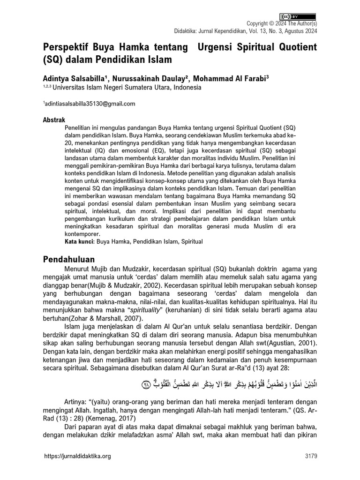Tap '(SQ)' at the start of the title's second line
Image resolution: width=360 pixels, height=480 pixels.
(52, 60)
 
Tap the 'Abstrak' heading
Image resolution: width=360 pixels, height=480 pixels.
(54, 120)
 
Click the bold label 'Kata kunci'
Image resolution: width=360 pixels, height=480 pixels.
(79, 241)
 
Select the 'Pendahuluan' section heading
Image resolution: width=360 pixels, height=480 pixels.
(69, 259)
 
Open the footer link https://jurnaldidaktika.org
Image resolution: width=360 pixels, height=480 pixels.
(77, 456)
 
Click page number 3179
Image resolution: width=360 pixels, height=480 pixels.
(311, 456)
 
